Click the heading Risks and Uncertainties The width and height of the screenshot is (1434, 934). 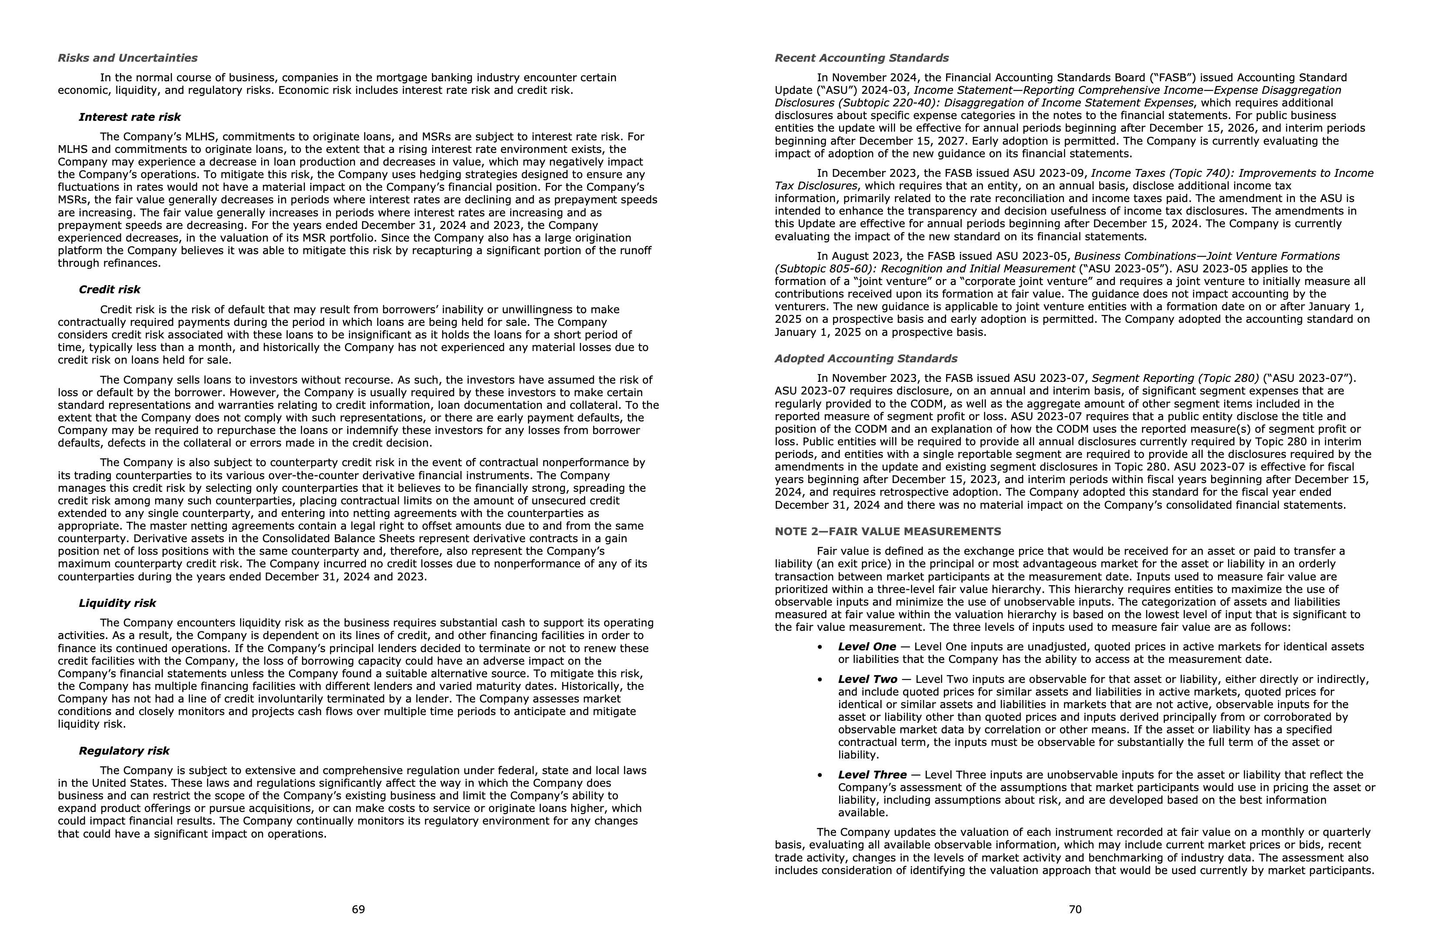tap(127, 58)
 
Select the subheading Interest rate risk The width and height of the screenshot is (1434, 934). tap(129, 117)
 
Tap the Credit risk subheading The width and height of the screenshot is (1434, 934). tap(109, 290)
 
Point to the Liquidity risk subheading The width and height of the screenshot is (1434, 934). tap(117, 603)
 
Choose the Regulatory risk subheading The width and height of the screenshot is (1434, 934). tap(124, 750)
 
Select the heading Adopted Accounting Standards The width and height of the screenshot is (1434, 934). tap(865, 358)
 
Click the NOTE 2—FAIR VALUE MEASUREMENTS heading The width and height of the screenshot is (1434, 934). tap(887, 531)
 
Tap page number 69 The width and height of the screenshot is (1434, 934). tap(358, 909)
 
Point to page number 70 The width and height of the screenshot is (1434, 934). tap(1075, 909)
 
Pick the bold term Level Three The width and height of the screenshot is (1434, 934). tap(872, 775)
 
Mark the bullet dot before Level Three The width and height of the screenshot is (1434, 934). tap(820, 775)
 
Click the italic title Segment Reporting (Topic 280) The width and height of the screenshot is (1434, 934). tap(1175, 378)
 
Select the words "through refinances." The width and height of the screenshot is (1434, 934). tap(109, 263)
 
